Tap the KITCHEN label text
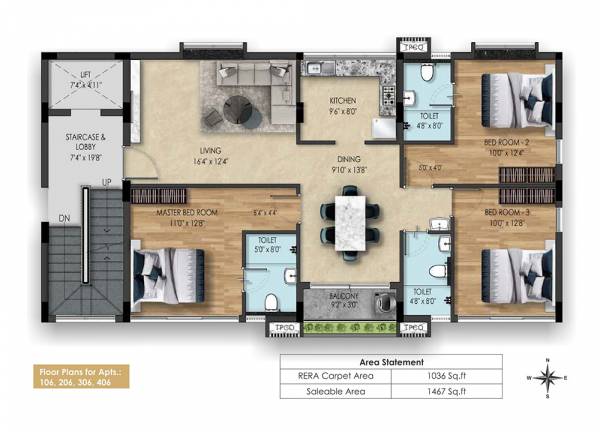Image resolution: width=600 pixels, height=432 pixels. [x=329, y=102]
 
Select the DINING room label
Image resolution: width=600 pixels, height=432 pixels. [x=348, y=159]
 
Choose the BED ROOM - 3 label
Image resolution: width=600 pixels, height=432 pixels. [x=508, y=212]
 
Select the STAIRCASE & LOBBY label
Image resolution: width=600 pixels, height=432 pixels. [x=84, y=141]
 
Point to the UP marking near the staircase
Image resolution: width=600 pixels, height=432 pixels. [x=107, y=183]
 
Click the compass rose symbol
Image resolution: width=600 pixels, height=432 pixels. [x=547, y=379]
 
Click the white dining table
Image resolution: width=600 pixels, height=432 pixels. [x=349, y=222]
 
